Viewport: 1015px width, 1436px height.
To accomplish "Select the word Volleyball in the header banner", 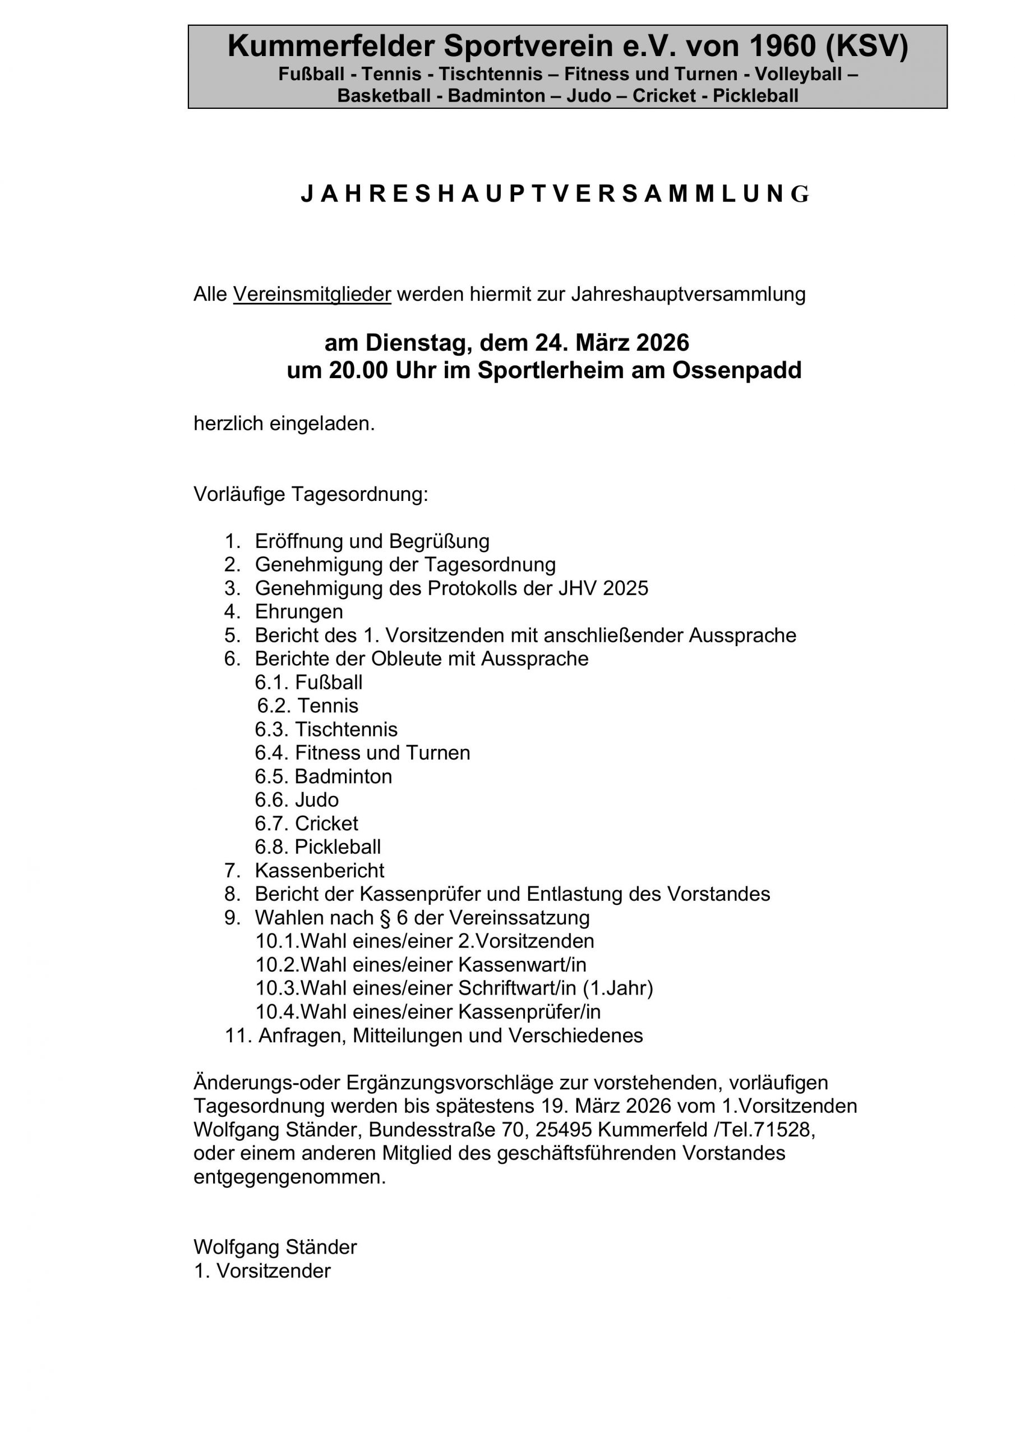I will pos(798,75).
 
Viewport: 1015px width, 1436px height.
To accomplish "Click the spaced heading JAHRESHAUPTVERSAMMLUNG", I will pos(554,195).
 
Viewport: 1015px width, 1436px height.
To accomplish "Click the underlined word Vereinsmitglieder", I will pos(312,294).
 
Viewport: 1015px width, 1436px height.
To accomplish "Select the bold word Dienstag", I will pos(418,343).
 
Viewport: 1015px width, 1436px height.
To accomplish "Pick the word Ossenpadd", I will pos(737,370).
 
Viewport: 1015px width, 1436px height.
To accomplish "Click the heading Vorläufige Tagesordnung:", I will pos(311,494).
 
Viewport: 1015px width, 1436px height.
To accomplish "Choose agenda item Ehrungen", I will pos(299,611).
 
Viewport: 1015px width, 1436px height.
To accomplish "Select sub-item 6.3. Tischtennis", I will pos(326,729).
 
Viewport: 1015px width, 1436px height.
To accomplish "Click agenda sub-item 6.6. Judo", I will pos(297,800).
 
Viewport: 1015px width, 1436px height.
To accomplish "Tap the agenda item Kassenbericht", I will pos(320,871).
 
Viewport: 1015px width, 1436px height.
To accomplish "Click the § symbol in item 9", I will pos(385,918).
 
